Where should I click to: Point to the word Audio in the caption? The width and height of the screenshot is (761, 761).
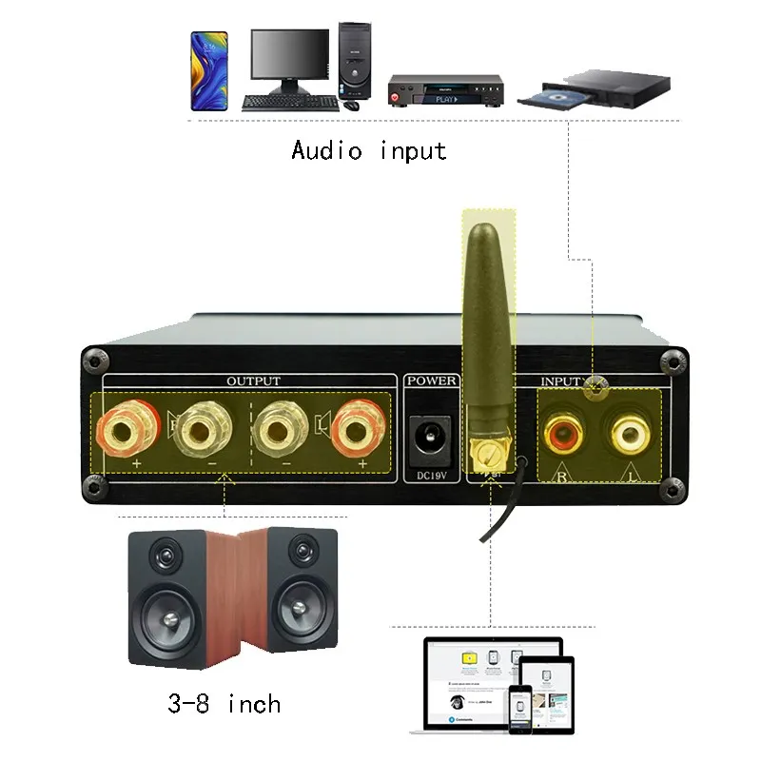click(x=326, y=150)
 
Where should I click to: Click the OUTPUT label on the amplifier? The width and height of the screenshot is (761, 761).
click(x=253, y=381)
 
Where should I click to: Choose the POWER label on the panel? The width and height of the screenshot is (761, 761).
click(x=432, y=381)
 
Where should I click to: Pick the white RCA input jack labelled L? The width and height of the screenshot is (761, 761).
click(x=628, y=436)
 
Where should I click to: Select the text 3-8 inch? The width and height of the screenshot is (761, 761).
click(x=224, y=705)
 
